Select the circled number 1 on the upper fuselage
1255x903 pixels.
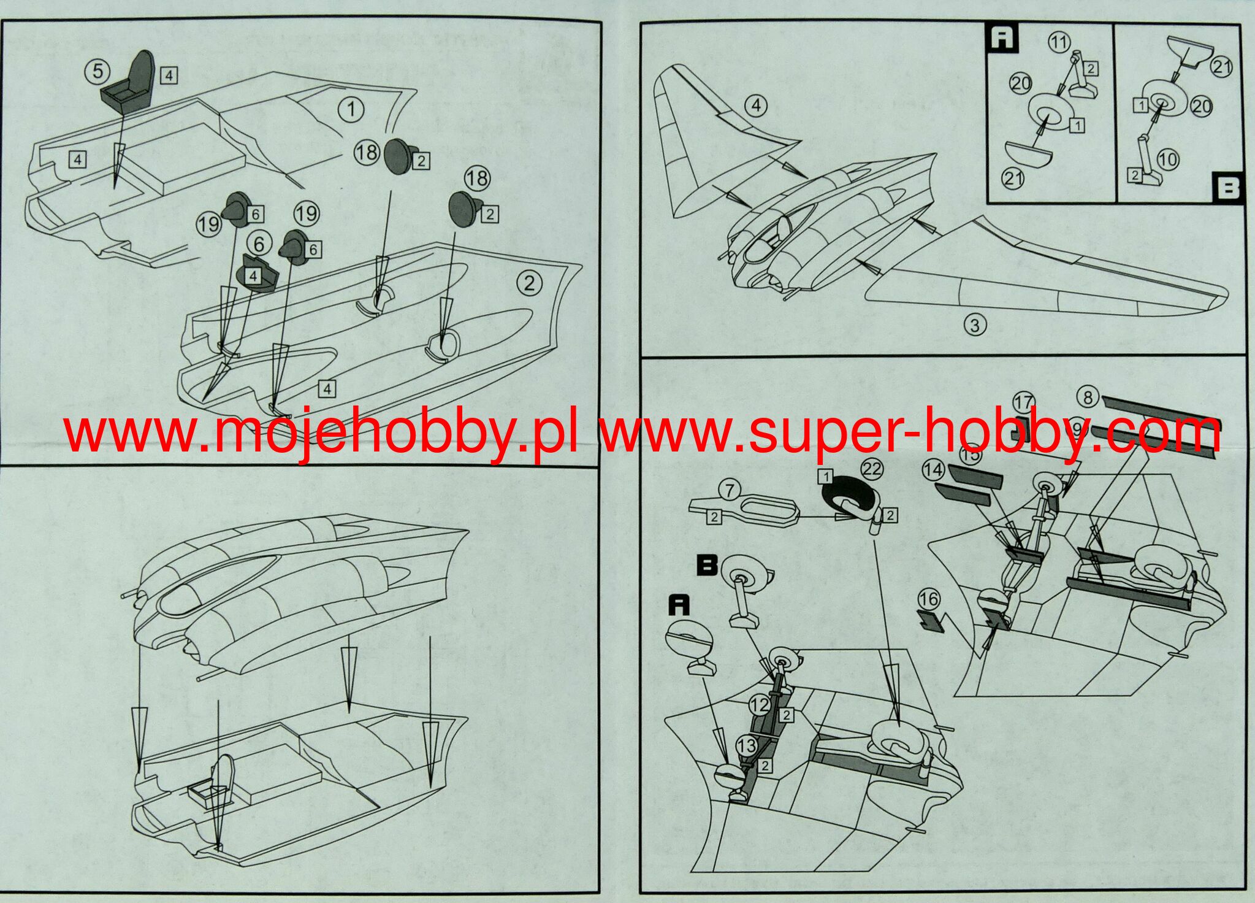pyautogui.click(x=351, y=110)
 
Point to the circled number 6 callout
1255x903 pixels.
pyautogui.click(x=259, y=244)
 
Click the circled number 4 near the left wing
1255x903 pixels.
pyautogui.click(x=757, y=106)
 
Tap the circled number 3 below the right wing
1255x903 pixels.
pyautogui.click(x=975, y=324)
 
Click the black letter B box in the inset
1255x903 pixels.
pyautogui.click(x=1227, y=188)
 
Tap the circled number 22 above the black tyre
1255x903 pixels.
pyautogui.click(x=871, y=469)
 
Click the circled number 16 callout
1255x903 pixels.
pyautogui.click(x=929, y=599)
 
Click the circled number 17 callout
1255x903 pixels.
pyautogui.click(x=1023, y=403)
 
